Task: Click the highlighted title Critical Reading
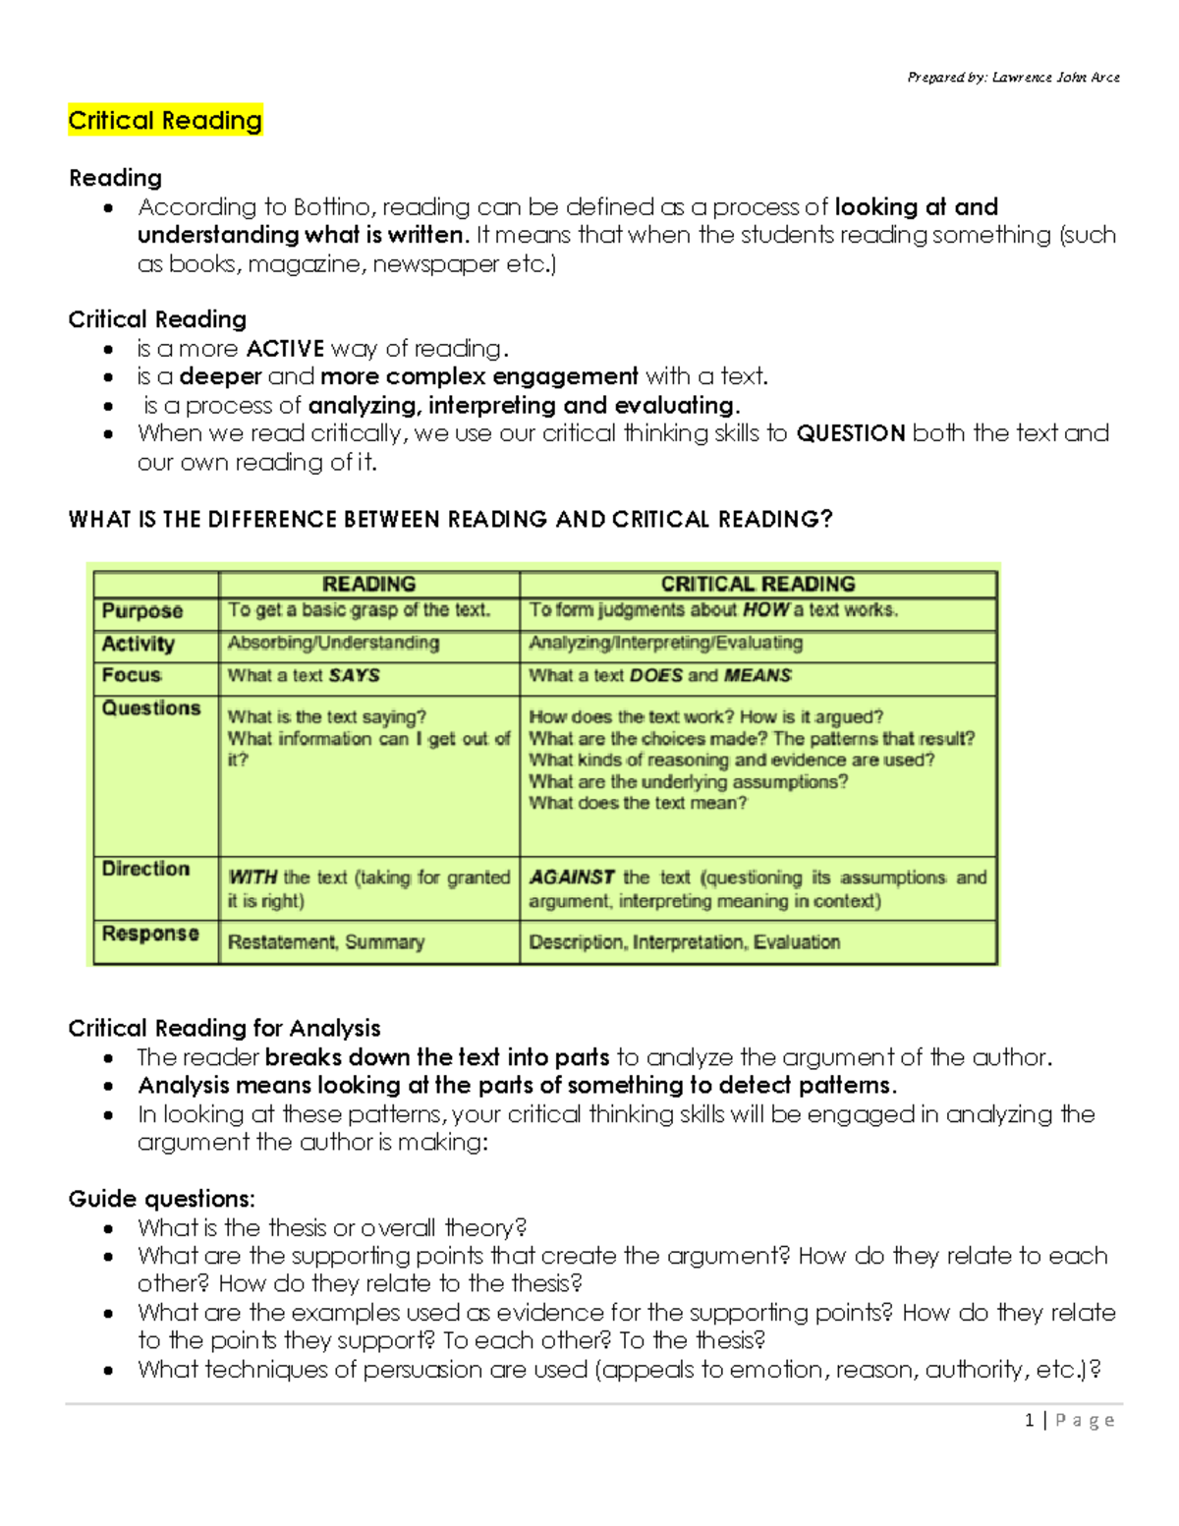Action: click(165, 121)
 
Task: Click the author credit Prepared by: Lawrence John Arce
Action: click(1013, 77)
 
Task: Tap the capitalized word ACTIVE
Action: click(285, 349)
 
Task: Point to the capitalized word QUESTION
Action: click(850, 433)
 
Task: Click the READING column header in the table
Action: click(368, 584)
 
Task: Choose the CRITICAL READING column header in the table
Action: click(758, 584)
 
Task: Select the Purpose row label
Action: click(142, 610)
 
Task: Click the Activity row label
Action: click(139, 644)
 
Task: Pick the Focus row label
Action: click(132, 675)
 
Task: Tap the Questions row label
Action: click(151, 708)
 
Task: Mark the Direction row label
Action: click(145, 869)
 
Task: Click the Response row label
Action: click(150, 933)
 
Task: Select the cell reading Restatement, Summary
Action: click(326, 942)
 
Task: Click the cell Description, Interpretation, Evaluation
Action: click(684, 942)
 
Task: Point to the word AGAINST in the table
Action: click(572, 877)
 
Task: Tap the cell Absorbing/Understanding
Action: click(333, 643)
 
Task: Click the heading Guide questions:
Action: click(161, 1199)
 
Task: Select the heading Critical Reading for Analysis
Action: click(224, 1028)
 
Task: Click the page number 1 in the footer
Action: click(1029, 1420)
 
